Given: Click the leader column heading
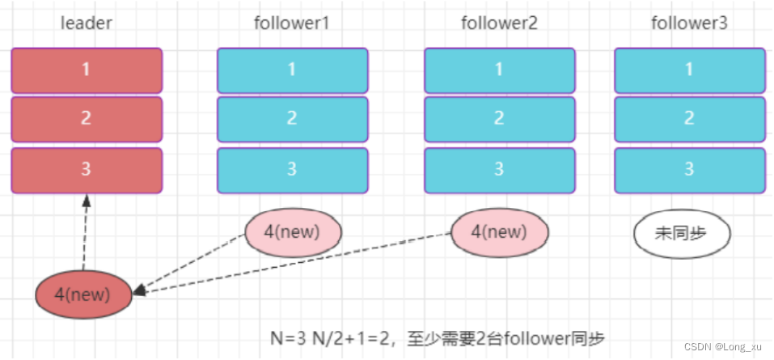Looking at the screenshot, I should [x=87, y=23].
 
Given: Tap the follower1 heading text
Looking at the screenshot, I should [x=292, y=23].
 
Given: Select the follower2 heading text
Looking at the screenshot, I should [x=499, y=23].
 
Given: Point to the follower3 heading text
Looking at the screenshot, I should [x=689, y=23].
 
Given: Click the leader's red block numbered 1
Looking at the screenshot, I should [x=87, y=70].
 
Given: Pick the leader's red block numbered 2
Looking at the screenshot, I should [x=87, y=119].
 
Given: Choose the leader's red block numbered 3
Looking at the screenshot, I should [x=87, y=170].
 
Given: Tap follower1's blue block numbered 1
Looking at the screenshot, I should [x=292, y=70].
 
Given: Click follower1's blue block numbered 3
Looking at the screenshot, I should [x=292, y=170].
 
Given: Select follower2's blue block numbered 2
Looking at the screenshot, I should [x=499, y=119].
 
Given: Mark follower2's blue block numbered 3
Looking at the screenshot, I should [x=499, y=170].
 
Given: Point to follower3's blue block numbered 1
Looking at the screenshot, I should [x=689, y=70].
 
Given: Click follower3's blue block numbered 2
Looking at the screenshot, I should [x=689, y=119].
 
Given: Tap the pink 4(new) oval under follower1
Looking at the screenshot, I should [x=293, y=231].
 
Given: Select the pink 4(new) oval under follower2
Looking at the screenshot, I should [x=499, y=231].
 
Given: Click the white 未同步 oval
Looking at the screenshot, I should [x=681, y=233].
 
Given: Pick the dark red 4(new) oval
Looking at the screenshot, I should [x=83, y=294].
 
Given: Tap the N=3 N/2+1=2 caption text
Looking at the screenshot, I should [x=438, y=337].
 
